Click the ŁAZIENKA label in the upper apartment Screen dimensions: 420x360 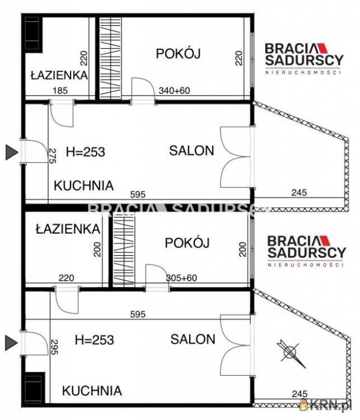click(59, 75)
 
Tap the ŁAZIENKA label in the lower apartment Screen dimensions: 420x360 click(67, 228)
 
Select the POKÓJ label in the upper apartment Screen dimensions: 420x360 click(178, 54)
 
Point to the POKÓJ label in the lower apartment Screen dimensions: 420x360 click(187, 243)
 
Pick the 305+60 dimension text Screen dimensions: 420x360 click(182, 278)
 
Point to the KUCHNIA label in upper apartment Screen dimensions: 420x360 click(83, 185)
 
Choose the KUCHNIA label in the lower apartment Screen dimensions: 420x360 click(92, 390)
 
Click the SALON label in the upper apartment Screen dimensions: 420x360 click(191, 150)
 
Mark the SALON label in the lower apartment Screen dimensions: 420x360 click(193, 339)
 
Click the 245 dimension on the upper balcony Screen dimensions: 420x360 click(299, 193)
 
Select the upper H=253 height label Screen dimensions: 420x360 click(86, 151)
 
